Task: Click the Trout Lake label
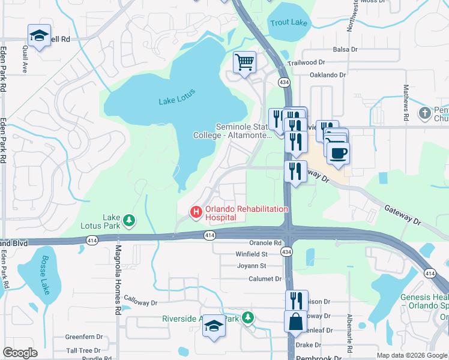289,23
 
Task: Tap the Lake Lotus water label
177,100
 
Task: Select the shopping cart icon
244,62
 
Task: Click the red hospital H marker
195,212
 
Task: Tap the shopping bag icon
296,321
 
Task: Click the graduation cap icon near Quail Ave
39,36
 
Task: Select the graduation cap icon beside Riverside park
213,326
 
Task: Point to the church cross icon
424,113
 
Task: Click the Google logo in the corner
20,353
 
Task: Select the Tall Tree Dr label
83,350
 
